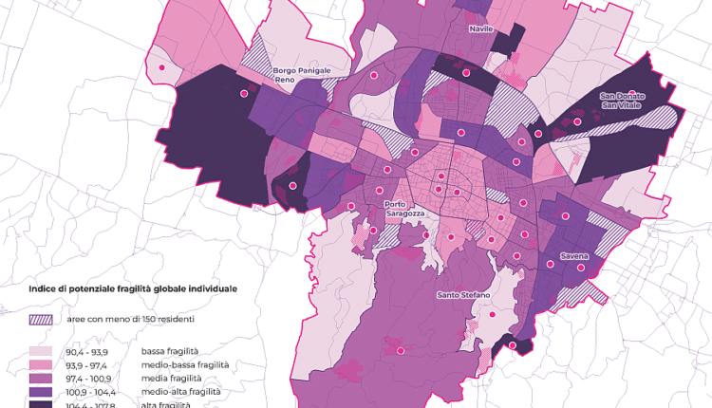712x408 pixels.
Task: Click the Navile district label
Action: pos(480,29)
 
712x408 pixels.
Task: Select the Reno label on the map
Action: pos(284,81)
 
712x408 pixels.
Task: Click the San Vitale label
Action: pos(622,105)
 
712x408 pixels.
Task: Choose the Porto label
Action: pos(396,205)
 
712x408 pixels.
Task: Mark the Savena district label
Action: pos(573,257)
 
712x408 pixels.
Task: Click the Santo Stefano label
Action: pos(463,295)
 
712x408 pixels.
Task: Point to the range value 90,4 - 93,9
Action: pos(87,351)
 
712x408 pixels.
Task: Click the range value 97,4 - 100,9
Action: pos(88,378)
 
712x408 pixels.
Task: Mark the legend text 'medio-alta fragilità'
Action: pos(181,391)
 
